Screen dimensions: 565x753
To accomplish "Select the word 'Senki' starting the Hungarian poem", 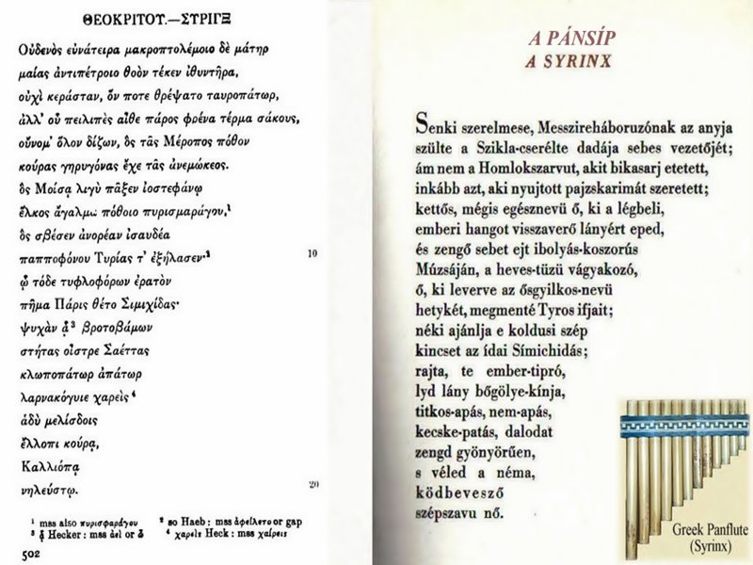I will [x=437, y=128].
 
